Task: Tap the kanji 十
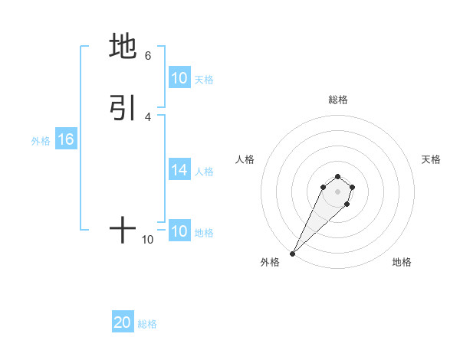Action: tap(123, 229)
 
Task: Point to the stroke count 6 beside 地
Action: tap(148, 56)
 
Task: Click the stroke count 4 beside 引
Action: tap(148, 117)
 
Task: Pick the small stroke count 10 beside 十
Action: tap(148, 240)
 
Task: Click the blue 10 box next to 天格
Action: tap(179, 78)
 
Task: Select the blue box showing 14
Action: tap(179, 171)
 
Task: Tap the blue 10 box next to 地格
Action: tap(179, 232)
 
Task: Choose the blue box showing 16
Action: tap(66, 139)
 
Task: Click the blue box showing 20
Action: tap(123, 322)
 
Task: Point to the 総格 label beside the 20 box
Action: tap(147, 324)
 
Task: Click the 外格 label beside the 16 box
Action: tap(40, 141)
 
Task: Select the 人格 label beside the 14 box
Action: tap(204, 172)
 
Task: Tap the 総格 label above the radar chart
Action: tap(337, 100)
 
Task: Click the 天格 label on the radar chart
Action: tap(431, 159)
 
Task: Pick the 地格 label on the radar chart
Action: tap(402, 263)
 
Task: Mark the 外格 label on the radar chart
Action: tap(270, 263)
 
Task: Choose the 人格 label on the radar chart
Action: tap(245, 159)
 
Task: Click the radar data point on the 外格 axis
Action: tap(292, 254)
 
